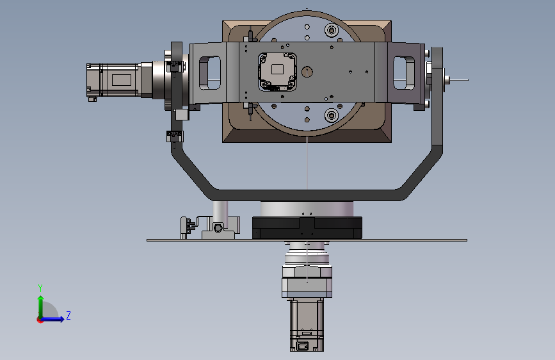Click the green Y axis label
coord(40,288)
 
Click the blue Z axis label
coord(68,315)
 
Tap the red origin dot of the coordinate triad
coord(40,320)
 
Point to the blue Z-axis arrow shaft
coord(52,319)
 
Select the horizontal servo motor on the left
coord(120,81)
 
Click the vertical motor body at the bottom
coord(307,325)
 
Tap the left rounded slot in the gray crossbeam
coord(209,72)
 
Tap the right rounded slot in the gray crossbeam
coord(404,72)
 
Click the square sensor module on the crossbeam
coord(278,72)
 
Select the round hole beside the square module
coord(307,72)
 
